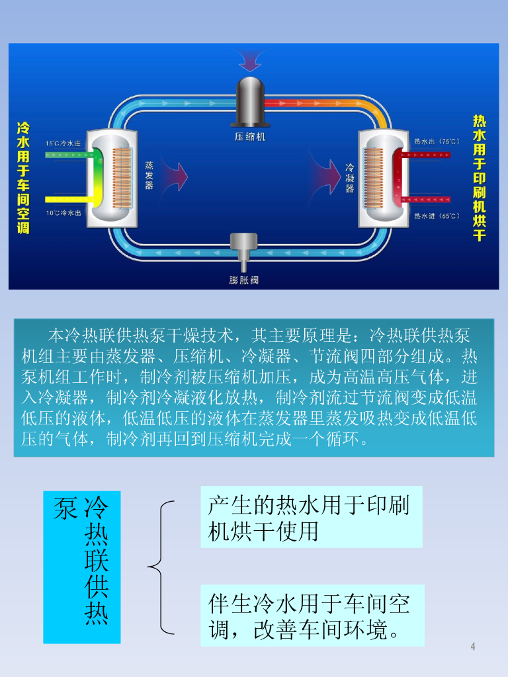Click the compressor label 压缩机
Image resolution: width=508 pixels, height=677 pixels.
(x=250, y=137)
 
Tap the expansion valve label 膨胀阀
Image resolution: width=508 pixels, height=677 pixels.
(x=243, y=280)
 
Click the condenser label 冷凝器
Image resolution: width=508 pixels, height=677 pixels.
(x=350, y=179)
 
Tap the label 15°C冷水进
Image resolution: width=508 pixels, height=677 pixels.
(x=63, y=143)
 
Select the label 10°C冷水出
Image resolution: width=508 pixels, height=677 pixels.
(x=63, y=213)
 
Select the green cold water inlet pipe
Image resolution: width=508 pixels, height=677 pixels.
(x=69, y=155)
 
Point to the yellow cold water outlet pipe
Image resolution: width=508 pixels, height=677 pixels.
(x=69, y=199)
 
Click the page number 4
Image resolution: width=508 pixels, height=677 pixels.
(x=473, y=647)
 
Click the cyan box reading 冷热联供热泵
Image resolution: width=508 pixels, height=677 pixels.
(x=82, y=567)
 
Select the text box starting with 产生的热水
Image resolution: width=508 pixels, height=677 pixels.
(x=311, y=518)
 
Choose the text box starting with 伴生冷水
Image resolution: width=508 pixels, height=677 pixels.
(x=312, y=616)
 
